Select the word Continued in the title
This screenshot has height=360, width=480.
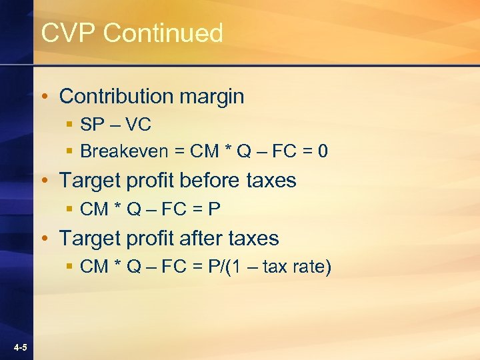[x=163, y=33]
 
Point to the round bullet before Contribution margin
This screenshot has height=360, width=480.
[x=44, y=97]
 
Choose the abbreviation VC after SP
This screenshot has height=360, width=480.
[x=139, y=124]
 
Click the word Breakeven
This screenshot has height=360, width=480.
[x=124, y=151]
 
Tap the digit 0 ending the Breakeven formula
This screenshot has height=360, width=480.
[x=323, y=151]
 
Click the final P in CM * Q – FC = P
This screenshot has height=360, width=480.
[x=214, y=209]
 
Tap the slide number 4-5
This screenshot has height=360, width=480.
[x=19, y=348]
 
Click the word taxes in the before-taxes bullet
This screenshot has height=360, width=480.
[x=271, y=180]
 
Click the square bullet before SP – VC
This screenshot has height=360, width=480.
[x=69, y=125]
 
